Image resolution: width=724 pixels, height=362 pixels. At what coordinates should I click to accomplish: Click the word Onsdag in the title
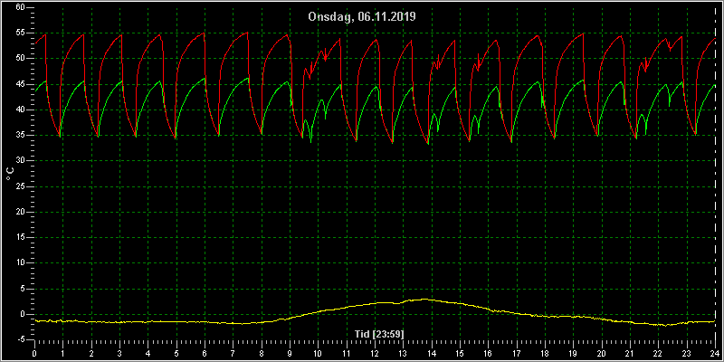coord(331,17)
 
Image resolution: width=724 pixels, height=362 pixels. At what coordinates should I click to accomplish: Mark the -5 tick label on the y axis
coord(22,339)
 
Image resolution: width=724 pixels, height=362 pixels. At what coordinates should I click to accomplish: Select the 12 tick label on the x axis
coord(375,354)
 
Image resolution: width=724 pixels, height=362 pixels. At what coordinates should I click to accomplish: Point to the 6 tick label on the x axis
coord(205,354)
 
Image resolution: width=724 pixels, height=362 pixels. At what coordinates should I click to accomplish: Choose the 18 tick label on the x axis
coord(545,354)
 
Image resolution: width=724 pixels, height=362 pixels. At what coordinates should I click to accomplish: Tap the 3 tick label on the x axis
coord(119,354)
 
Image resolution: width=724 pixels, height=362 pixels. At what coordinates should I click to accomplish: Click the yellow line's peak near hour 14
coord(424,300)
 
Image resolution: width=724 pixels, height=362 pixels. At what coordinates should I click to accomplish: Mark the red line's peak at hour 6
coord(204,33)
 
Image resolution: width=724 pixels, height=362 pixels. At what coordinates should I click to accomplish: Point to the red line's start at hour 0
coord(35,43)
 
